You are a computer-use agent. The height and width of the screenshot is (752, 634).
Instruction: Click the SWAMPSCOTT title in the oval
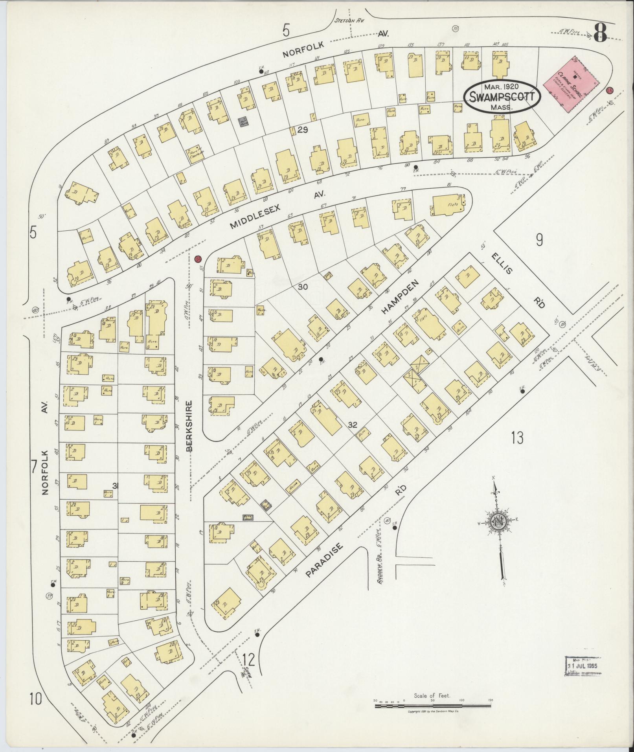click(502, 96)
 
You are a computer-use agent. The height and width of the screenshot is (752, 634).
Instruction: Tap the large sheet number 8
click(600, 33)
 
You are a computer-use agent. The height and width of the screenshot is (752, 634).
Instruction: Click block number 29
click(302, 130)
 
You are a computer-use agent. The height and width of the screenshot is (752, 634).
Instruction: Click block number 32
click(352, 425)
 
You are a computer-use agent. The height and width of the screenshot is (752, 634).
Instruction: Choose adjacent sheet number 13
click(518, 437)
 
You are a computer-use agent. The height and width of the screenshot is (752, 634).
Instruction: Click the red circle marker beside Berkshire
click(198, 259)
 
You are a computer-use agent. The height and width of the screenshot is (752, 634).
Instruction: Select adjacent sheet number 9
click(539, 239)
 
